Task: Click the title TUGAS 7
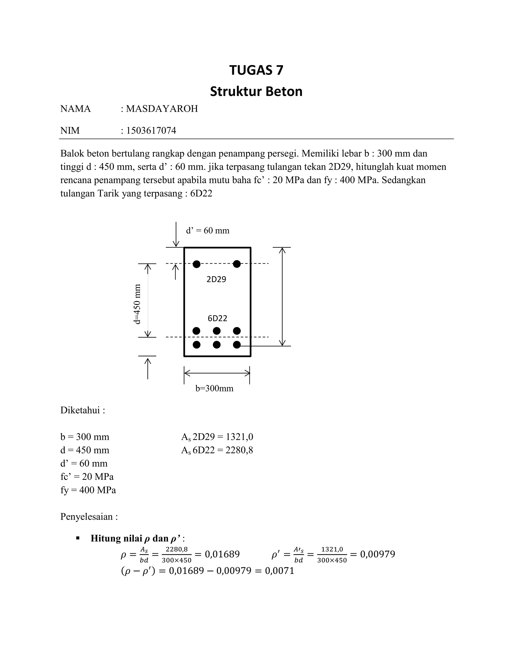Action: tap(256, 70)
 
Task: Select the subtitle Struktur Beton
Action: tap(256, 91)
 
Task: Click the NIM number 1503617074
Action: tap(151, 131)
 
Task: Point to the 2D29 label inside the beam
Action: tap(216, 279)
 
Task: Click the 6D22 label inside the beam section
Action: tap(217, 318)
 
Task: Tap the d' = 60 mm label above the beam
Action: tap(208, 231)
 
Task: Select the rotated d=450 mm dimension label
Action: tap(138, 304)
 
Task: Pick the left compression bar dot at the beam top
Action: tap(197, 264)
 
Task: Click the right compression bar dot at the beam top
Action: tap(237, 264)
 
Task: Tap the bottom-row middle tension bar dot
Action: tap(217, 345)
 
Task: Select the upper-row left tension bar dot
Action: tap(197, 330)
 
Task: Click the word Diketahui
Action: tap(81, 410)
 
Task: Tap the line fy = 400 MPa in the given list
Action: tap(88, 490)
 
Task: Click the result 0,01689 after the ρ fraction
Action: tap(222, 554)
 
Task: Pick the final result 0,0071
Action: tap(280, 571)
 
